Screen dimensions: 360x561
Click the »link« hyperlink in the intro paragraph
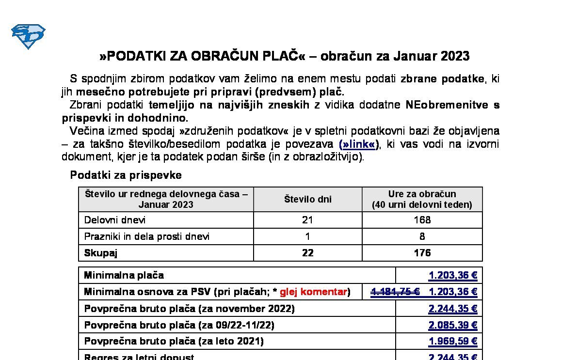click(x=359, y=144)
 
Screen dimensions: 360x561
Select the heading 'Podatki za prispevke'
click(x=126, y=175)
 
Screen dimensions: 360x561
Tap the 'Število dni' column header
click(x=307, y=199)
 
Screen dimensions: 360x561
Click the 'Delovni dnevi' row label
click(x=115, y=220)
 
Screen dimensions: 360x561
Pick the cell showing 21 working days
click(x=307, y=220)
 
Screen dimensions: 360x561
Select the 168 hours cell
click(x=422, y=220)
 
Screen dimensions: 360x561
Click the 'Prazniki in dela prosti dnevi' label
click(x=147, y=236)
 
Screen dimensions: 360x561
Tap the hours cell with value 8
click(x=422, y=236)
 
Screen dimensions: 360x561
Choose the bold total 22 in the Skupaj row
click(x=307, y=253)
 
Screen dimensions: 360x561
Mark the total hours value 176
click(x=422, y=253)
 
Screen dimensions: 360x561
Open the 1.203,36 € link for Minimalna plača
click(x=453, y=276)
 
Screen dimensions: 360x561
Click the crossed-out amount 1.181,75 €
click(x=395, y=292)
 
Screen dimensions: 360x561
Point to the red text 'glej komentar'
click(x=313, y=292)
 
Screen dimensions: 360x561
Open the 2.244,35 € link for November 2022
click(x=453, y=309)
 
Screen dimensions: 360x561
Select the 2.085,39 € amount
click(x=453, y=325)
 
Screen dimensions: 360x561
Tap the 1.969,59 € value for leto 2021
click(x=453, y=342)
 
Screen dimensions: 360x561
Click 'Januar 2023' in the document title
click(x=431, y=56)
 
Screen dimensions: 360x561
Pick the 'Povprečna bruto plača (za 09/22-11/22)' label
click(x=179, y=325)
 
